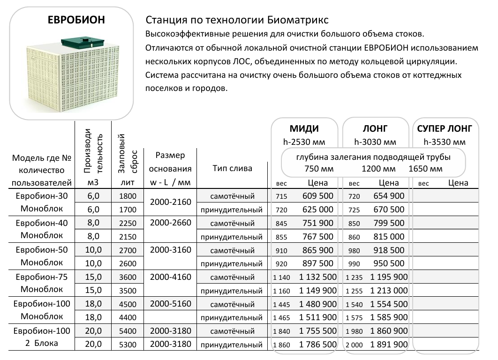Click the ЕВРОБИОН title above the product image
[76, 20]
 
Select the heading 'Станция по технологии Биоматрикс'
[237, 21]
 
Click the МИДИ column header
[304, 129]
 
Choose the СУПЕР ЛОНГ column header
[444, 129]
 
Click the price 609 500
[317, 196]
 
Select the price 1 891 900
[389, 345]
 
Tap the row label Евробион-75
[42, 277]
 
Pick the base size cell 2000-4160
[170, 277]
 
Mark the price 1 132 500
[317, 277]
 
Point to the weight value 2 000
[354, 345]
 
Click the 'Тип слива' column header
[232, 169]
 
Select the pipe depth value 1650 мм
[425, 169]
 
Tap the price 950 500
[389, 263]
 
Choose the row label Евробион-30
[42, 196]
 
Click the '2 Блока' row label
[42, 344]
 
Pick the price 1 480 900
[317, 304]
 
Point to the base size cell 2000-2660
[170, 223]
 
